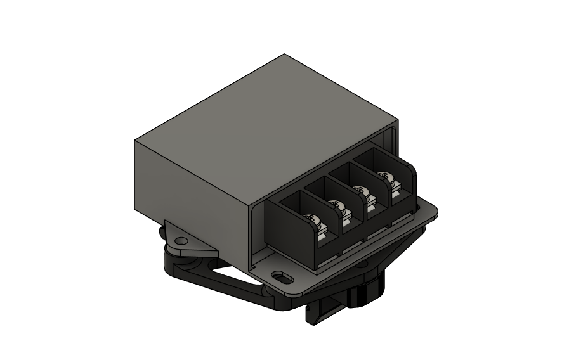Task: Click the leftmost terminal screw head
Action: click(x=312, y=219)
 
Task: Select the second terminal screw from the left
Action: click(x=337, y=205)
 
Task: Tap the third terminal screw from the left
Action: click(x=360, y=190)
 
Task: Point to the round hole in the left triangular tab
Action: click(x=183, y=241)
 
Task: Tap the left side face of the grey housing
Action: click(x=190, y=184)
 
